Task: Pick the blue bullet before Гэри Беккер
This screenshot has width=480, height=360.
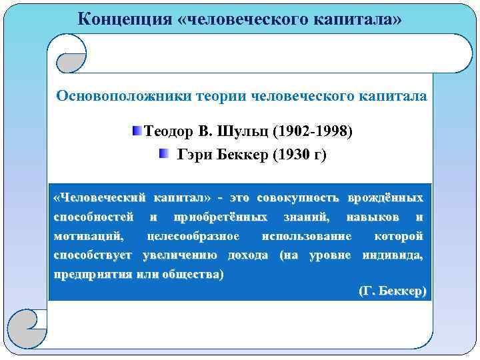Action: [x=164, y=155]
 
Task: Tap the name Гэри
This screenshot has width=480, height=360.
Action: [x=195, y=155]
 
